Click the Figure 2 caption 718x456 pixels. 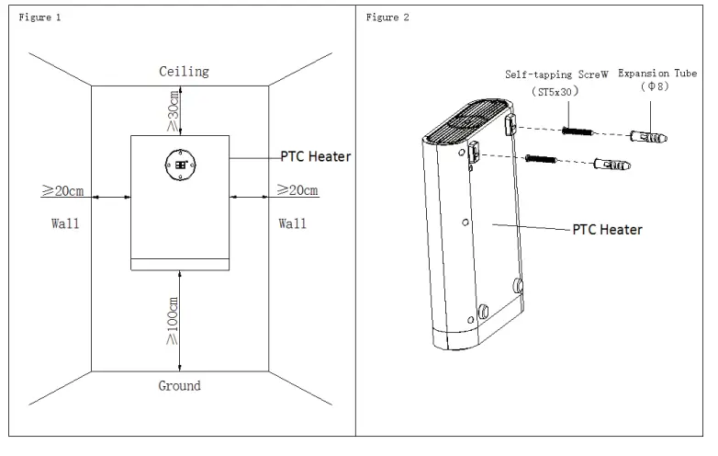pos(388,17)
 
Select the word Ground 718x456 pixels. pos(180,385)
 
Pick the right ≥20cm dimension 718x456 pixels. pos(298,191)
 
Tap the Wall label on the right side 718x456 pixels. pos(292,222)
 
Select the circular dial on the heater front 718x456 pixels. pos(180,165)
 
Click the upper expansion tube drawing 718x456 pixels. pos(648,135)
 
